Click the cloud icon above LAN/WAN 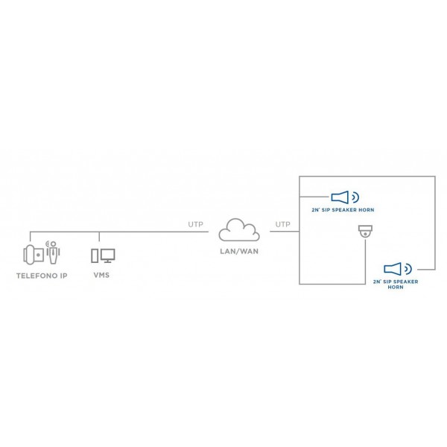(x=239, y=230)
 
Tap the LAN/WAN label (x=239, y=252)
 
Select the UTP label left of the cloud (x=195, y=224)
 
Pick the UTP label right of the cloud (x=283, y=224)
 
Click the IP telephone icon (x=34, y=255)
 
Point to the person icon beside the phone (x=54, y=253)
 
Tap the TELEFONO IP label (x=42, y=276)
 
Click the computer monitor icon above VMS (x=108, y=256)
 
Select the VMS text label (x=101, y=275)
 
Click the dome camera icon (x=365, y=231)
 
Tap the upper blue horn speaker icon (x=340, y=197)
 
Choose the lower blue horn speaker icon (x=393, y=269)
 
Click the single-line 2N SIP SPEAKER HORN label (x=343, y=210)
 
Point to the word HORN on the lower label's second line (x=396, y=287)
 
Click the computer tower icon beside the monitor (x=95, y=256)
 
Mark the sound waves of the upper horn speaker (x=355, y=197)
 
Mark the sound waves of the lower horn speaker (x=408, y=269)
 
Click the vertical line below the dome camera (x=366, y=261)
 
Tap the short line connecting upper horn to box (x=314, y=197)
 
